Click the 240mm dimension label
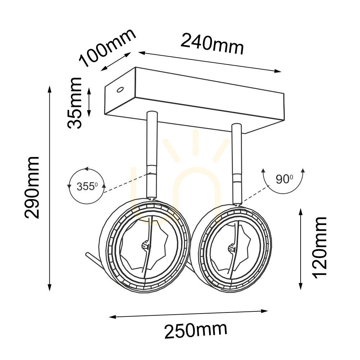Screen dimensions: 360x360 (212, 44)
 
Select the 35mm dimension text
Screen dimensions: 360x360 (75, 103)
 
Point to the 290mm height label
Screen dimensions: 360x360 (32, 187)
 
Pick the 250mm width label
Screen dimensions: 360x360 (196, 330)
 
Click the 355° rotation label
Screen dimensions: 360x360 (87, 186)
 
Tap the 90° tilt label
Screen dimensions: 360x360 (284, 179)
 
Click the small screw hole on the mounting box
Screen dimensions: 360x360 (120, 90)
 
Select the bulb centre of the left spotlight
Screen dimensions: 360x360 (145, 246)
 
